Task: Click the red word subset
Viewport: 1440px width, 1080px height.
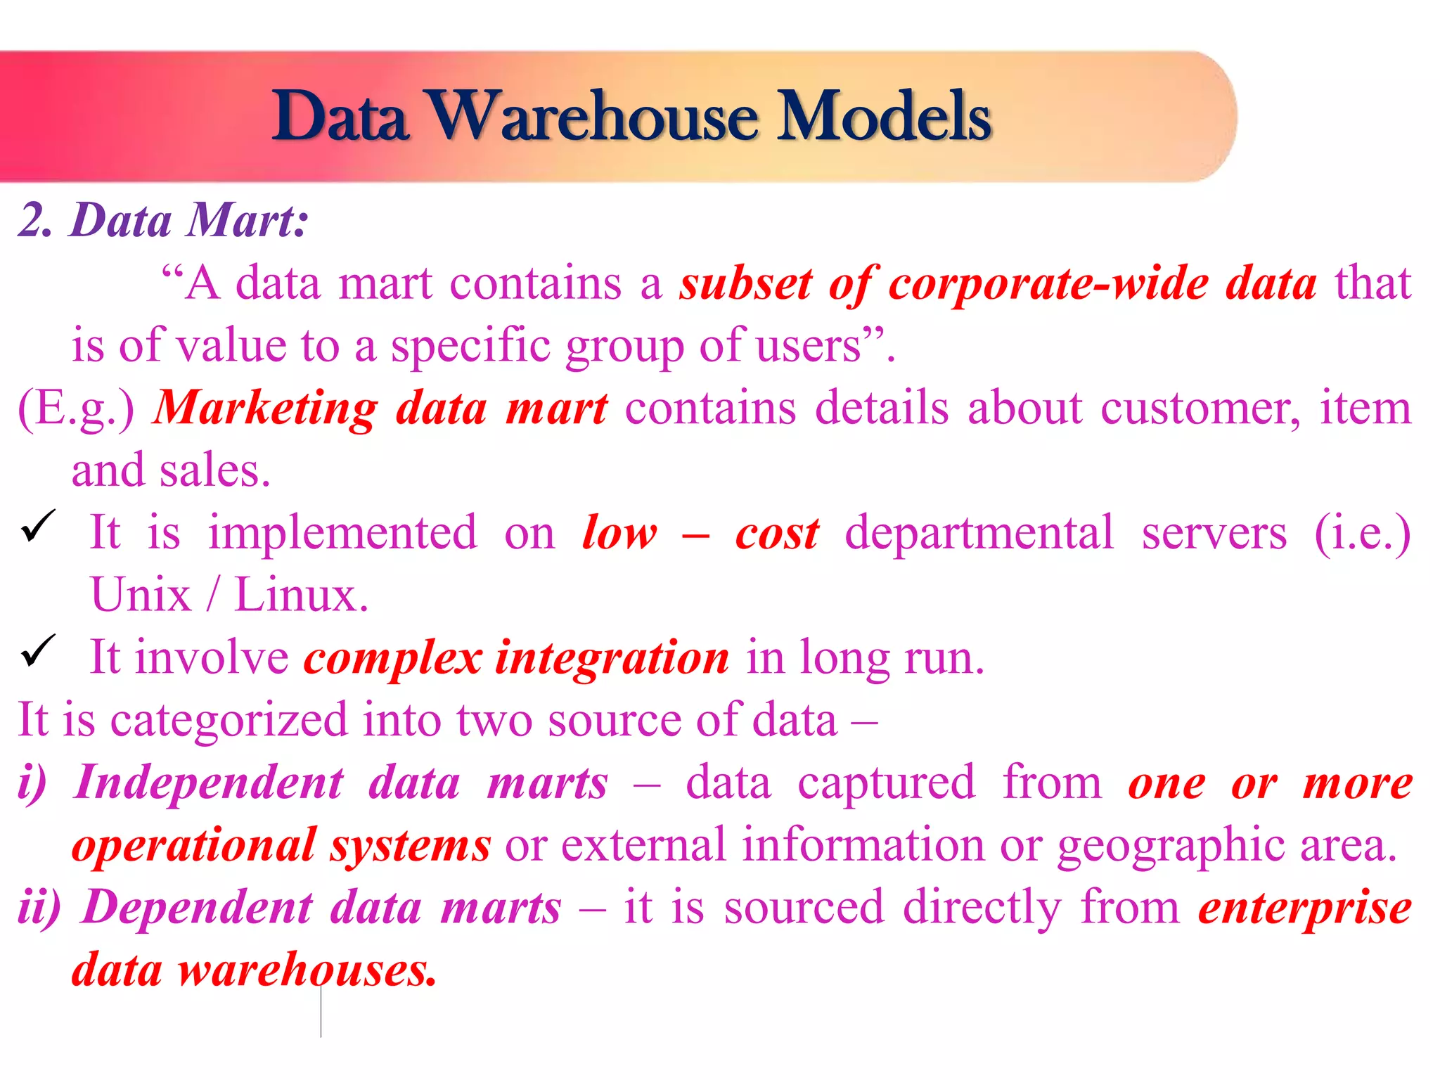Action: click(x=745, y=284)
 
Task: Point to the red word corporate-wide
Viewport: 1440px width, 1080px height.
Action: click(x=1048, y=284)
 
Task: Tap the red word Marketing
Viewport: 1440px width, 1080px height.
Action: click(x=266, y=409)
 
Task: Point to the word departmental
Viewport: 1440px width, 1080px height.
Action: click(x=979, y=533)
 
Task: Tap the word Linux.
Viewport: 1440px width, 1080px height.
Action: click(x=301, y=596)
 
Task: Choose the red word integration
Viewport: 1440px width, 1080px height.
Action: click(x=612, y=658)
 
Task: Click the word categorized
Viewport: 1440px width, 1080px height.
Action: click(x=229, y=720)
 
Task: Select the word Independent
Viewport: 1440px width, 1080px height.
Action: click(x=210, y=783)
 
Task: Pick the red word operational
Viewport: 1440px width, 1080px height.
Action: click(x=193, y=845)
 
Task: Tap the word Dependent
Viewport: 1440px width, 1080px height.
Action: click(x=198, y=907)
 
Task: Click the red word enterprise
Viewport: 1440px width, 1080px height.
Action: click(x=1305, y=907)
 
